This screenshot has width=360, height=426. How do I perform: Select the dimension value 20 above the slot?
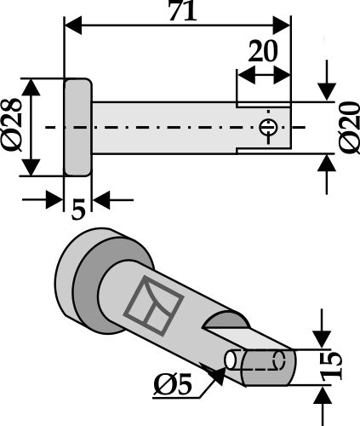coord(263,51)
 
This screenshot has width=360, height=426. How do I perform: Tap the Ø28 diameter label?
coord(13,127)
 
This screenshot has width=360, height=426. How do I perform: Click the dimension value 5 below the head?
coord(78,209)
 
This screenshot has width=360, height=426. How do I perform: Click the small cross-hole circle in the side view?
coord(268,128)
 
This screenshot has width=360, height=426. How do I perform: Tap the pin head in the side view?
coord(77,127)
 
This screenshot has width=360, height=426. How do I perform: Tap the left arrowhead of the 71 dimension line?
coord(71,25)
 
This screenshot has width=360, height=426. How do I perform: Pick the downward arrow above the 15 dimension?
coord(323,341)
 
